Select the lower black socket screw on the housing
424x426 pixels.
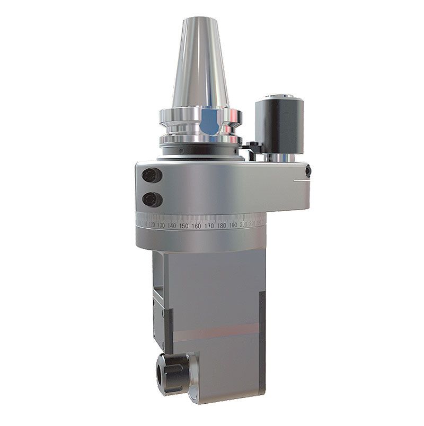pyautogui.click(x=151, y=199)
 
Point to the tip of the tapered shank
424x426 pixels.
pyautogui.click(x=199, y=21)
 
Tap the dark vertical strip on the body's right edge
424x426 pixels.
pyautogui.click(x=262, y=323)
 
